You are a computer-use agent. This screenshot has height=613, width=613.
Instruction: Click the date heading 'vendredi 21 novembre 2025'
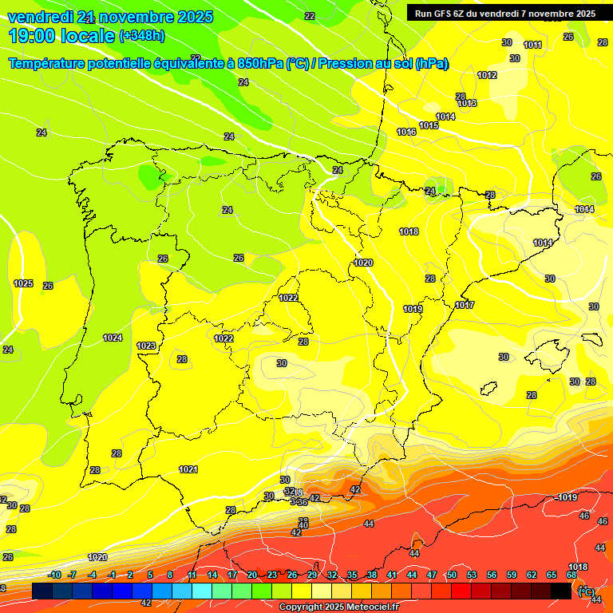pos(110,17)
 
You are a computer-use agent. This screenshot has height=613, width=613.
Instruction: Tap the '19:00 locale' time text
pos(62,36)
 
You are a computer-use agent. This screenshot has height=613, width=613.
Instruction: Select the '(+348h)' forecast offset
pos(142,36)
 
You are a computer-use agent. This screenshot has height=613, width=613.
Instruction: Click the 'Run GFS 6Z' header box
pos(505,13)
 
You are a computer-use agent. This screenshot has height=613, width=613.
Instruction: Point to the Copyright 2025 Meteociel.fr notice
pos(338,607)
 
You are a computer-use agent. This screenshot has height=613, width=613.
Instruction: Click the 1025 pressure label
pos(23,283)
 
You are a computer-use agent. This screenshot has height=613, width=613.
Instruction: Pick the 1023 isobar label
pos(146,346)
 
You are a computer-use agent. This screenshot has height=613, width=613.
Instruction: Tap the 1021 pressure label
pos(188,469)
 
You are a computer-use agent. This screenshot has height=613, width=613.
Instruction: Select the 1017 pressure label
pos(465,305)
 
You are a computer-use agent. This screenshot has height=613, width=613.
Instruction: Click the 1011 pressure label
pos(532,45)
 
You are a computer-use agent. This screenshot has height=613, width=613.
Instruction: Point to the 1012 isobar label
pos(487,75)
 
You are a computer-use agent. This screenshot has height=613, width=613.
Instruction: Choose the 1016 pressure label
pos(406,132)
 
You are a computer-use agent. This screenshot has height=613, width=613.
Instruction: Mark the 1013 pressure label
pos(467,103)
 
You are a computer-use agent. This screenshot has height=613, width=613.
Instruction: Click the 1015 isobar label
pos(429,125)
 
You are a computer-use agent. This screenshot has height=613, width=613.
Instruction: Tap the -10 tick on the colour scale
pos(54,575)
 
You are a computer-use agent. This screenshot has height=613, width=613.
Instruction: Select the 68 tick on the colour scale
pos(571,575)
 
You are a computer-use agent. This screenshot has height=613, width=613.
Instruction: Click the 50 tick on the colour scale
pos(452,575)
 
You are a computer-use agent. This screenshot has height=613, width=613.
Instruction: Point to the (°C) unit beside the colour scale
pos(586,592)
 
